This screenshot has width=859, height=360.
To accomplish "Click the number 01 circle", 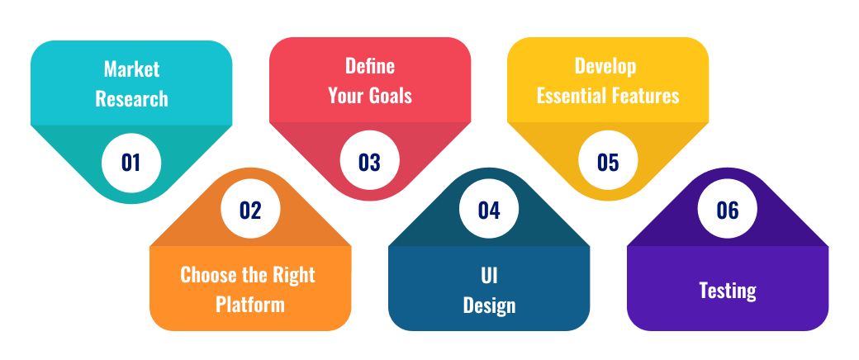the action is pos(131,163).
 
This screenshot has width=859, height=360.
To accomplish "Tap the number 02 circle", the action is pos(250,210).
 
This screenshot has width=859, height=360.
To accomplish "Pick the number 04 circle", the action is pos(489,210).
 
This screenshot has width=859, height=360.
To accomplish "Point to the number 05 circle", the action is pos(608,161).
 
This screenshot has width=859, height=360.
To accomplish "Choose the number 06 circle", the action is pos(728,210).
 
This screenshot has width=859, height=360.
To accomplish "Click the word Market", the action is pos(131,69).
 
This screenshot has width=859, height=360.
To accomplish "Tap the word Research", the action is pos(131,99).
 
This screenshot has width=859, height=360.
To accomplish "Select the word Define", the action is pos(370,66).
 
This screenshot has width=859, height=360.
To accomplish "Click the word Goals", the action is pos(390,96).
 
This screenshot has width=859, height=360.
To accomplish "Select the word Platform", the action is pos(249,304).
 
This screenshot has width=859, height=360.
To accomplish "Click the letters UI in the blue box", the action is pos(489,275).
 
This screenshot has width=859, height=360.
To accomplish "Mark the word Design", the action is pos(489,306).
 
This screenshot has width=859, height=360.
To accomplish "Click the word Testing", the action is pos(728,291).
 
